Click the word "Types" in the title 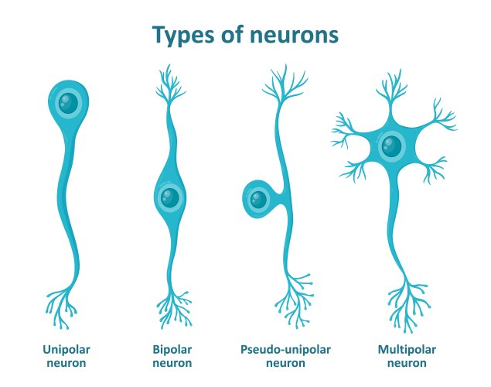pos(182,36)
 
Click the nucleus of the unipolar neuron pos(70,102)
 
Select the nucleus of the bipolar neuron pos(170,197)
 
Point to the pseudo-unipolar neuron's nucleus pos(257,200)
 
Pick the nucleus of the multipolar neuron pos(391,146)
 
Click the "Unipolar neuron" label pos(65,355)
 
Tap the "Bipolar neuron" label pos(172,355)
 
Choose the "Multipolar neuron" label pos(408,355)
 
